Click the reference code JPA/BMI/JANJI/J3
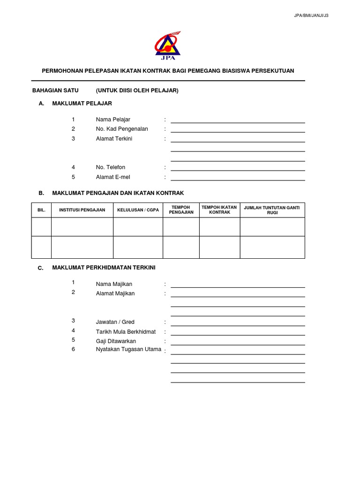[x=311, y=15]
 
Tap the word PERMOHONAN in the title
[x=62, y=71]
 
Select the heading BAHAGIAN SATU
[x=55, y=90]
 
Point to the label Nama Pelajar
[x=113, y=120]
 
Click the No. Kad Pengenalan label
[x=122, y=129]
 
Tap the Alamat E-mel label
[x=113, y=177]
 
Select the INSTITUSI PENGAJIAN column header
[x=82, y=210]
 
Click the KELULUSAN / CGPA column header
[x=138, y=210]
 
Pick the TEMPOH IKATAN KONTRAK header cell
[x=219, y=210]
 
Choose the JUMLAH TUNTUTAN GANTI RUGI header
[x=272, y=210]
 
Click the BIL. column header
[x=41, y=210]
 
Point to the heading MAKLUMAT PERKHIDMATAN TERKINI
[x=104, y=268]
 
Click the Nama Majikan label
[x=114, y=284]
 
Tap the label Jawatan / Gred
[x=115, y=322]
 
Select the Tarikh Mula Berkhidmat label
[x=126, y=332]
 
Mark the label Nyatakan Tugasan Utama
[x=128, y=349]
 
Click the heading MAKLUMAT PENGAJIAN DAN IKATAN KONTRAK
[x=118, y=193]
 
